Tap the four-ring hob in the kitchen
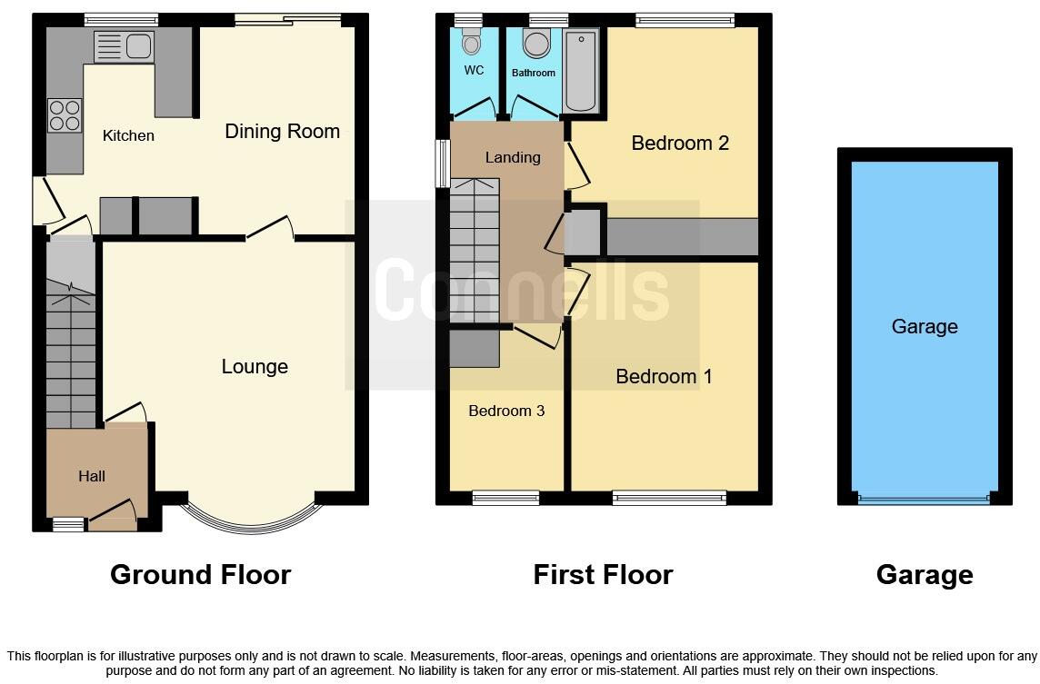click(x=65, y=115)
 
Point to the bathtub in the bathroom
click(x=581, y=70)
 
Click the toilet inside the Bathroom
click(x=536, y=43)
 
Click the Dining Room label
click(x=282, y=131)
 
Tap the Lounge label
click(x=255, y=366)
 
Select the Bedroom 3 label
click(x=506, y=411)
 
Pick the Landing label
click(x=513, y=157)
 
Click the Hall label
click(x=92, y=476)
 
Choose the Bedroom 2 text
click(x=680, y=143)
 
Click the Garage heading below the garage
click(x=924, y=575)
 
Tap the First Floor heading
click(x=603, y=575)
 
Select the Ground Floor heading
click(x=200, y=575)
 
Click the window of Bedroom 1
click(x=669, y=497)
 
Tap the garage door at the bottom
click(x=924, y=499)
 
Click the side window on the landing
click(x=442, y=164)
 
